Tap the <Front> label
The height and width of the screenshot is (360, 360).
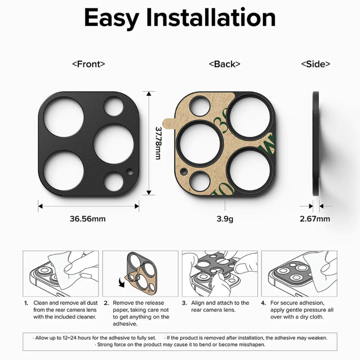(89, 64)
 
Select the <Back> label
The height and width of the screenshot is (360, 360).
(225, 64)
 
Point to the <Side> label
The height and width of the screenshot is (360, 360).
(315, 64)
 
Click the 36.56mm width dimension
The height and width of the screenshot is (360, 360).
(87, 219)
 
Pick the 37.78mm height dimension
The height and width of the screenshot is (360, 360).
(158, 142)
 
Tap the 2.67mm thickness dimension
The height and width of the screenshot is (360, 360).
(315, 219)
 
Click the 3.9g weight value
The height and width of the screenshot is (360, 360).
(225, 219)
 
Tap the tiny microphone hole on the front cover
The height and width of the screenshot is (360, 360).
(130, 171)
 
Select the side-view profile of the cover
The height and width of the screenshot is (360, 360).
(316, 142)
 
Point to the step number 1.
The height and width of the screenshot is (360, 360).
(26, 303)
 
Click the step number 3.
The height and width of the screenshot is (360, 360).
(184, 303)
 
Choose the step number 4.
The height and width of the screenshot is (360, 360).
(264, 303)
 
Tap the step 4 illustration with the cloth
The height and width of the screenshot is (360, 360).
(299, 274)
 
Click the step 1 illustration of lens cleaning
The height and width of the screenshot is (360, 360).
(61, 274)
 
